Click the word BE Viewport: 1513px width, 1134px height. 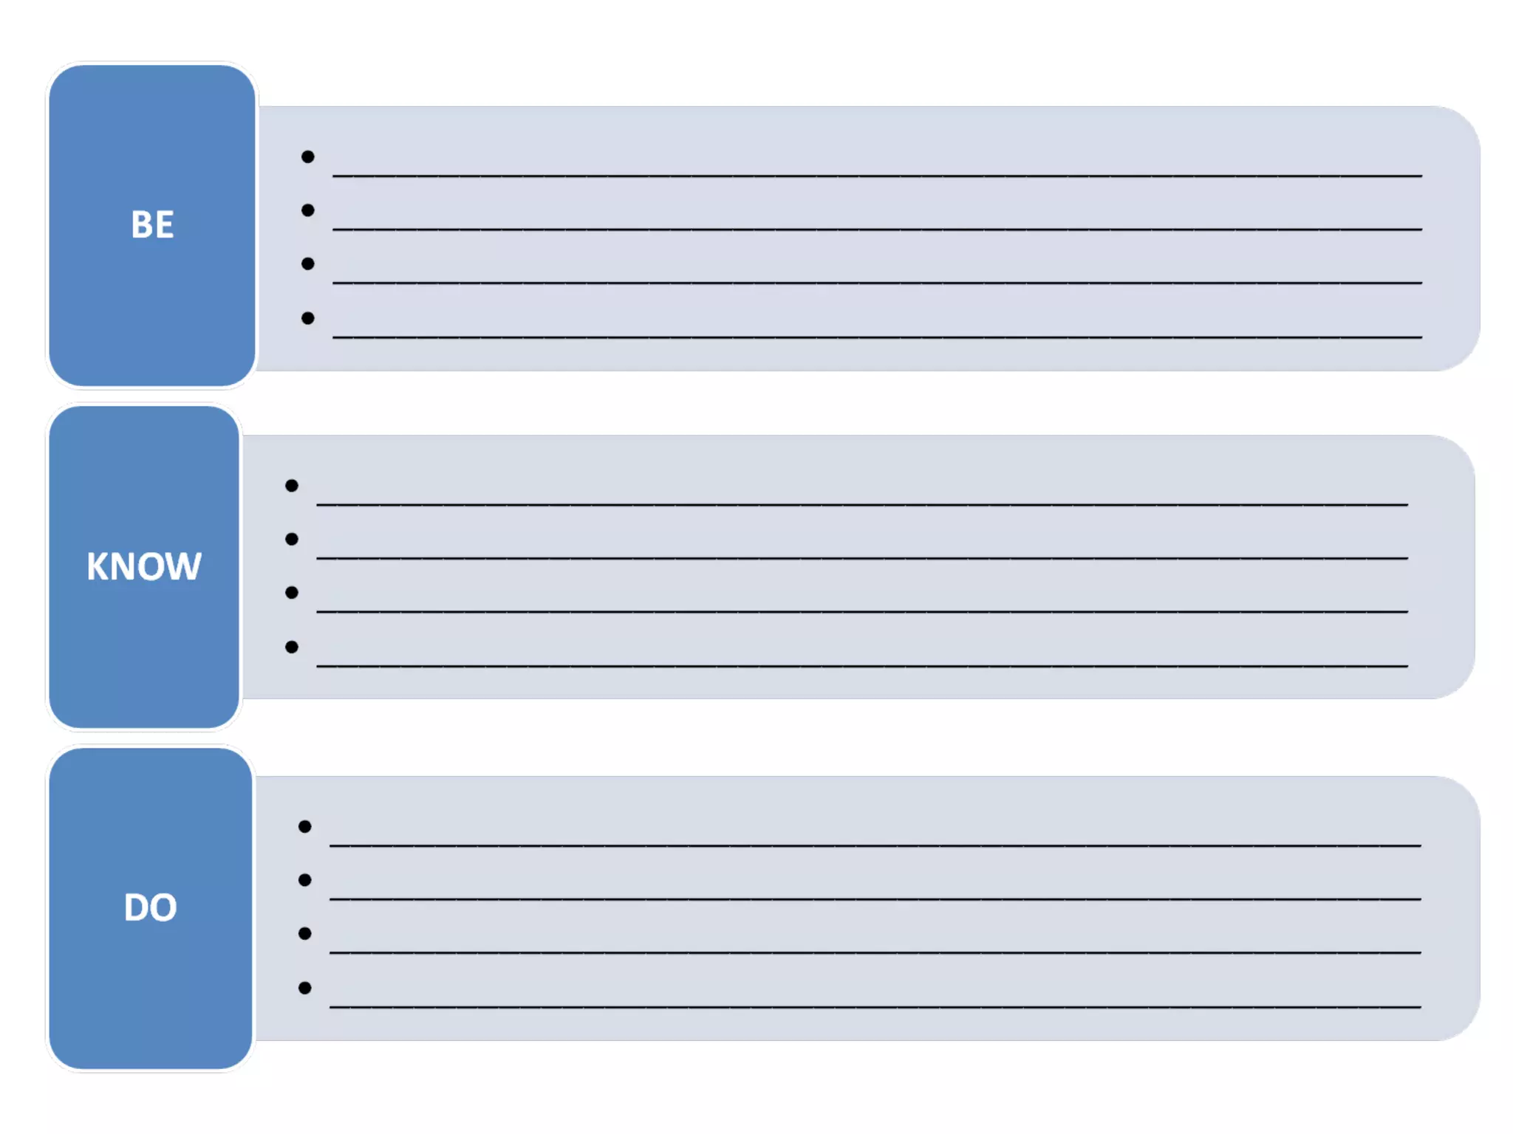pyautogui.click(x=152, y=224)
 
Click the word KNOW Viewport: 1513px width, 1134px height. pyautogui.click(x=144, y=566)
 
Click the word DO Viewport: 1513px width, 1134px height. pyautogui.click(x=151, y=907)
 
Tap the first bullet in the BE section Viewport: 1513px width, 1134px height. pyautogui.click(x=308, y=157)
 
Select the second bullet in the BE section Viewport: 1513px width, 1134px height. pyautogui.click(x=308, y=210)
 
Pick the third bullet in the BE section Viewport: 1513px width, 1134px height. pyautogui.click(x=308, y=264)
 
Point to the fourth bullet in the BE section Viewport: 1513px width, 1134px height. pyautogui.click(x=308, y=318)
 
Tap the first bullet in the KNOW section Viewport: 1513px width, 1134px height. pyautogui.click(x=292, y=486)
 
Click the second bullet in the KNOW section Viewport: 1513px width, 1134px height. pyautogui.click(x=292, y=539)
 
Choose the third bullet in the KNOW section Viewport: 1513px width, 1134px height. pyautogui.click(x=292, y=593)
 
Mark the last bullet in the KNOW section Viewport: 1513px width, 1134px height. pyautogui.click(x=292, y=647)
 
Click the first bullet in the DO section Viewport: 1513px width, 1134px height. pyautogui.click(x=304, y=826)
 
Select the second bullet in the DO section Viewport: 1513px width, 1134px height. pyautogui.click(x=304, y=880)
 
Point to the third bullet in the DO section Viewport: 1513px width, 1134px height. pyautogui.click(x=304, y=934)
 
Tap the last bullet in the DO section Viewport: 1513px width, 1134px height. pyautogui.click(x=304, y=988)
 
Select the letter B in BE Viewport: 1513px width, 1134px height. pyautogui.click(x=141, y=224)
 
